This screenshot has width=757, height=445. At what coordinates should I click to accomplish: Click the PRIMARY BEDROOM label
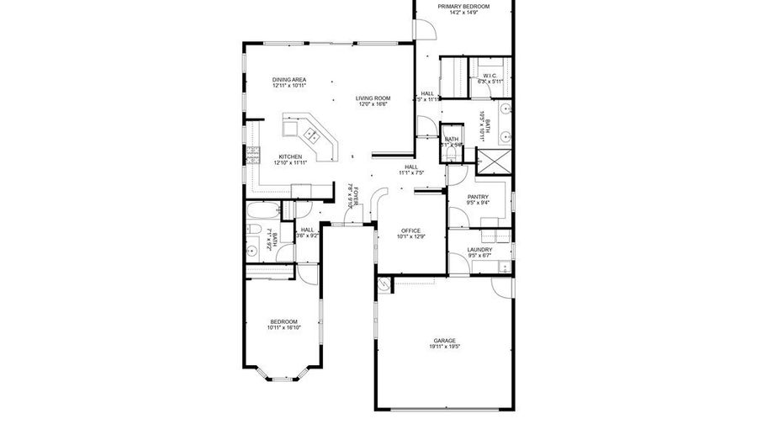click(463, 7)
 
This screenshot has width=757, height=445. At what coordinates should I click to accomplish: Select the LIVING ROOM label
click(373, 98)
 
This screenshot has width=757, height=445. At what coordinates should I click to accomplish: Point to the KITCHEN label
click(290, 156)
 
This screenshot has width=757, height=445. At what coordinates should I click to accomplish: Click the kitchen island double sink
click(310, 134)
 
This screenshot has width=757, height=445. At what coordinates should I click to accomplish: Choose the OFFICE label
click(410, 230)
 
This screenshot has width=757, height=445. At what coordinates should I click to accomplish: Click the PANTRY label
click(478, 197)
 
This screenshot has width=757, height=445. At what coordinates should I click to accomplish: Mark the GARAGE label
click(444, 340)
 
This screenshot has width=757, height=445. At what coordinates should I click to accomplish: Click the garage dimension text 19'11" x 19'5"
click(444, 347)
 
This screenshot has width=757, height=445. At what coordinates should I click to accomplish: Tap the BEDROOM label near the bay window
click(283, 321)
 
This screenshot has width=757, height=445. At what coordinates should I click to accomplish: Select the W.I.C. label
click(490, 76)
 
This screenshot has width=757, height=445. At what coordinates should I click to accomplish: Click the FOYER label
click(356, 198)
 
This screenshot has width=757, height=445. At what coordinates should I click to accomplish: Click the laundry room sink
click(503, 268)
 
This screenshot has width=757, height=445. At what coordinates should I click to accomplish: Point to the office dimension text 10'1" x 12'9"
click(410, 236)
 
